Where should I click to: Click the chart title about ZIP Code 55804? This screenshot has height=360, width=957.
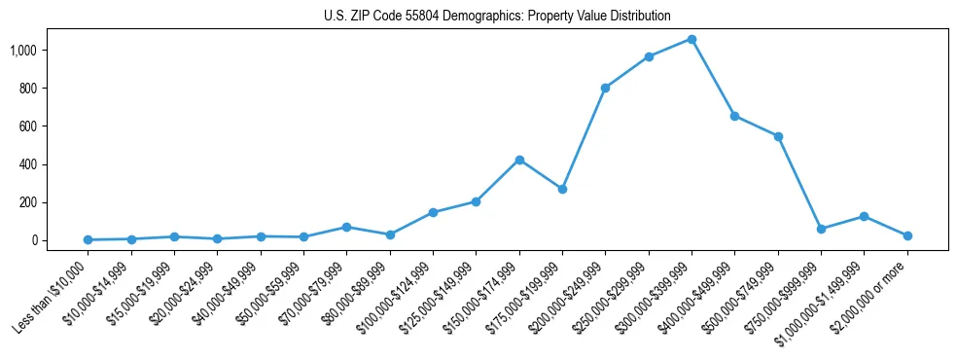click(497, 16)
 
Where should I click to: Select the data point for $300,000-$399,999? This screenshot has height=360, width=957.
click(691, 39)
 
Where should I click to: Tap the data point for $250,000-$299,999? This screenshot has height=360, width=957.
click(649, 56)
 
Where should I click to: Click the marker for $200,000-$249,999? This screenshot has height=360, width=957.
click(605, 88)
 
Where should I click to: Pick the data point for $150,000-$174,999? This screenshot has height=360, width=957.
click(519, 160)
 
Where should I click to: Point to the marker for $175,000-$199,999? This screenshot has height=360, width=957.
click(562, 189)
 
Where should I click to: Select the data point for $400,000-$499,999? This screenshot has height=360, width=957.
click(734, 116)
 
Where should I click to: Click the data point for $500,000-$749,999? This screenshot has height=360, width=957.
click(778, 136)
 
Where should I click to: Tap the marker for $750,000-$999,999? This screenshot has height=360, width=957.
click(821, 229)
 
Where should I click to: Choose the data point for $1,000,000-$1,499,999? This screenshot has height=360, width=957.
click(864, 216)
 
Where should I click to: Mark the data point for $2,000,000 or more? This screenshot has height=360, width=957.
click(907, 235)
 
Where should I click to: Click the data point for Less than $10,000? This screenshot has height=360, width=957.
click(88, 239)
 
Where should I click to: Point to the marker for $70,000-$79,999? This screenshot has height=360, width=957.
click(346, 227)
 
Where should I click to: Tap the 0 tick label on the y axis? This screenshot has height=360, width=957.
click(60, 240)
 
